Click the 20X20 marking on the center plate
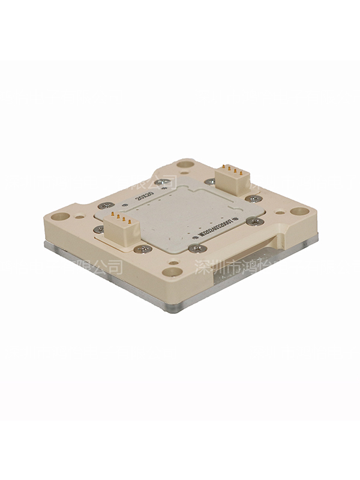[144, 196]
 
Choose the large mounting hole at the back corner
[186, 164]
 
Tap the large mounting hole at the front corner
[172, 271]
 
